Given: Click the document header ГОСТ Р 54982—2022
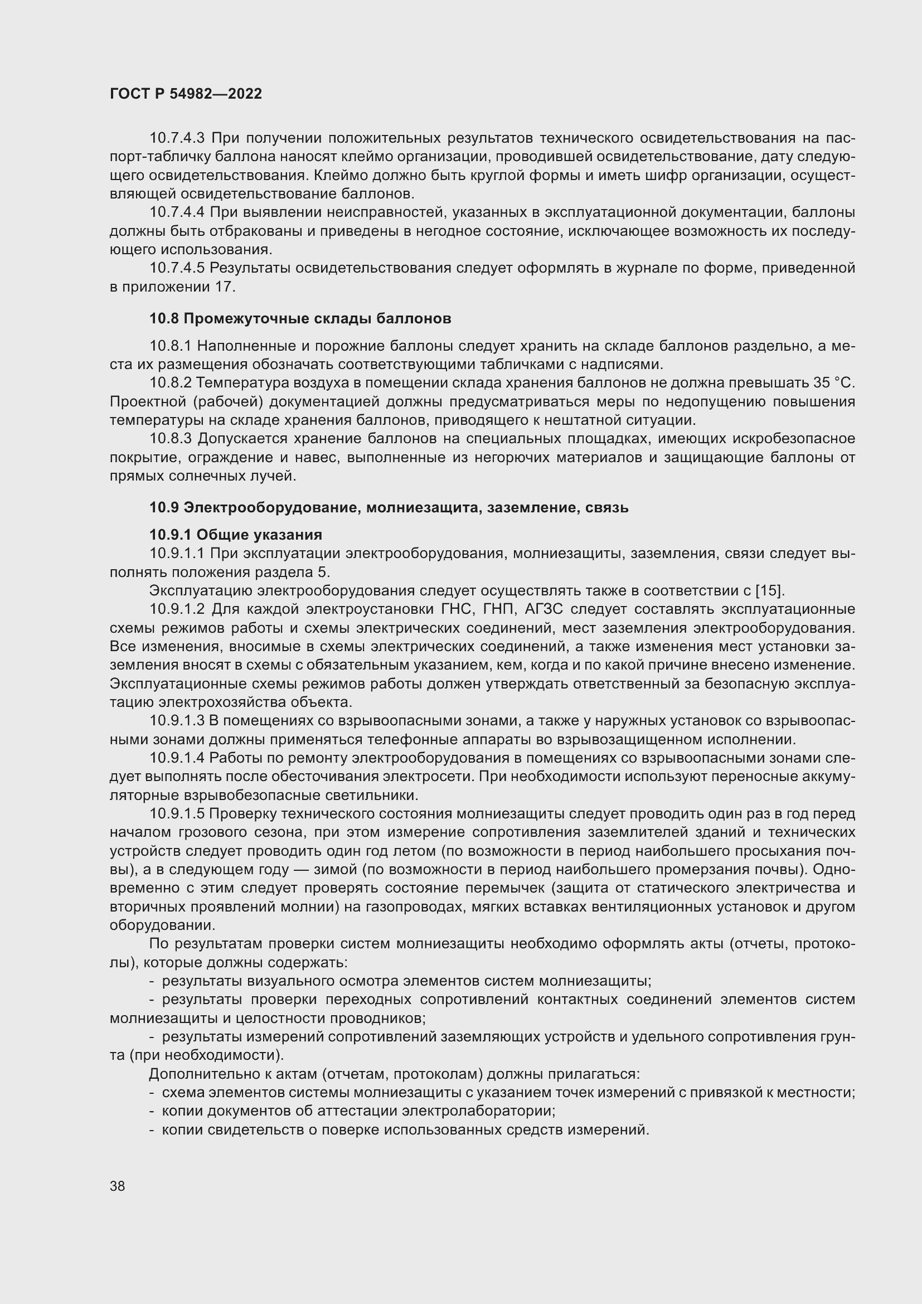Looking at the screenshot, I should pyautogui.click(x=186, y=94).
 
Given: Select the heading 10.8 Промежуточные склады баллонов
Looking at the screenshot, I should pyautogui.click(x=300, y=319).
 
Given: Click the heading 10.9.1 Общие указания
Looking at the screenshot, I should pyautogui.click(x=236, y=535).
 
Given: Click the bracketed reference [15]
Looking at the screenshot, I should pyautogui.click(x=769, y=590).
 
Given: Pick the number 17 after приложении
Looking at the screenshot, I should pyautogui.click(x=224, y=287).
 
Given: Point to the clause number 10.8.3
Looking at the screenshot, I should pyautogui.click(x=172, y=438).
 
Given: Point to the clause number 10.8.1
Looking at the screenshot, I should pyautogui.click(x=171, y=346).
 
